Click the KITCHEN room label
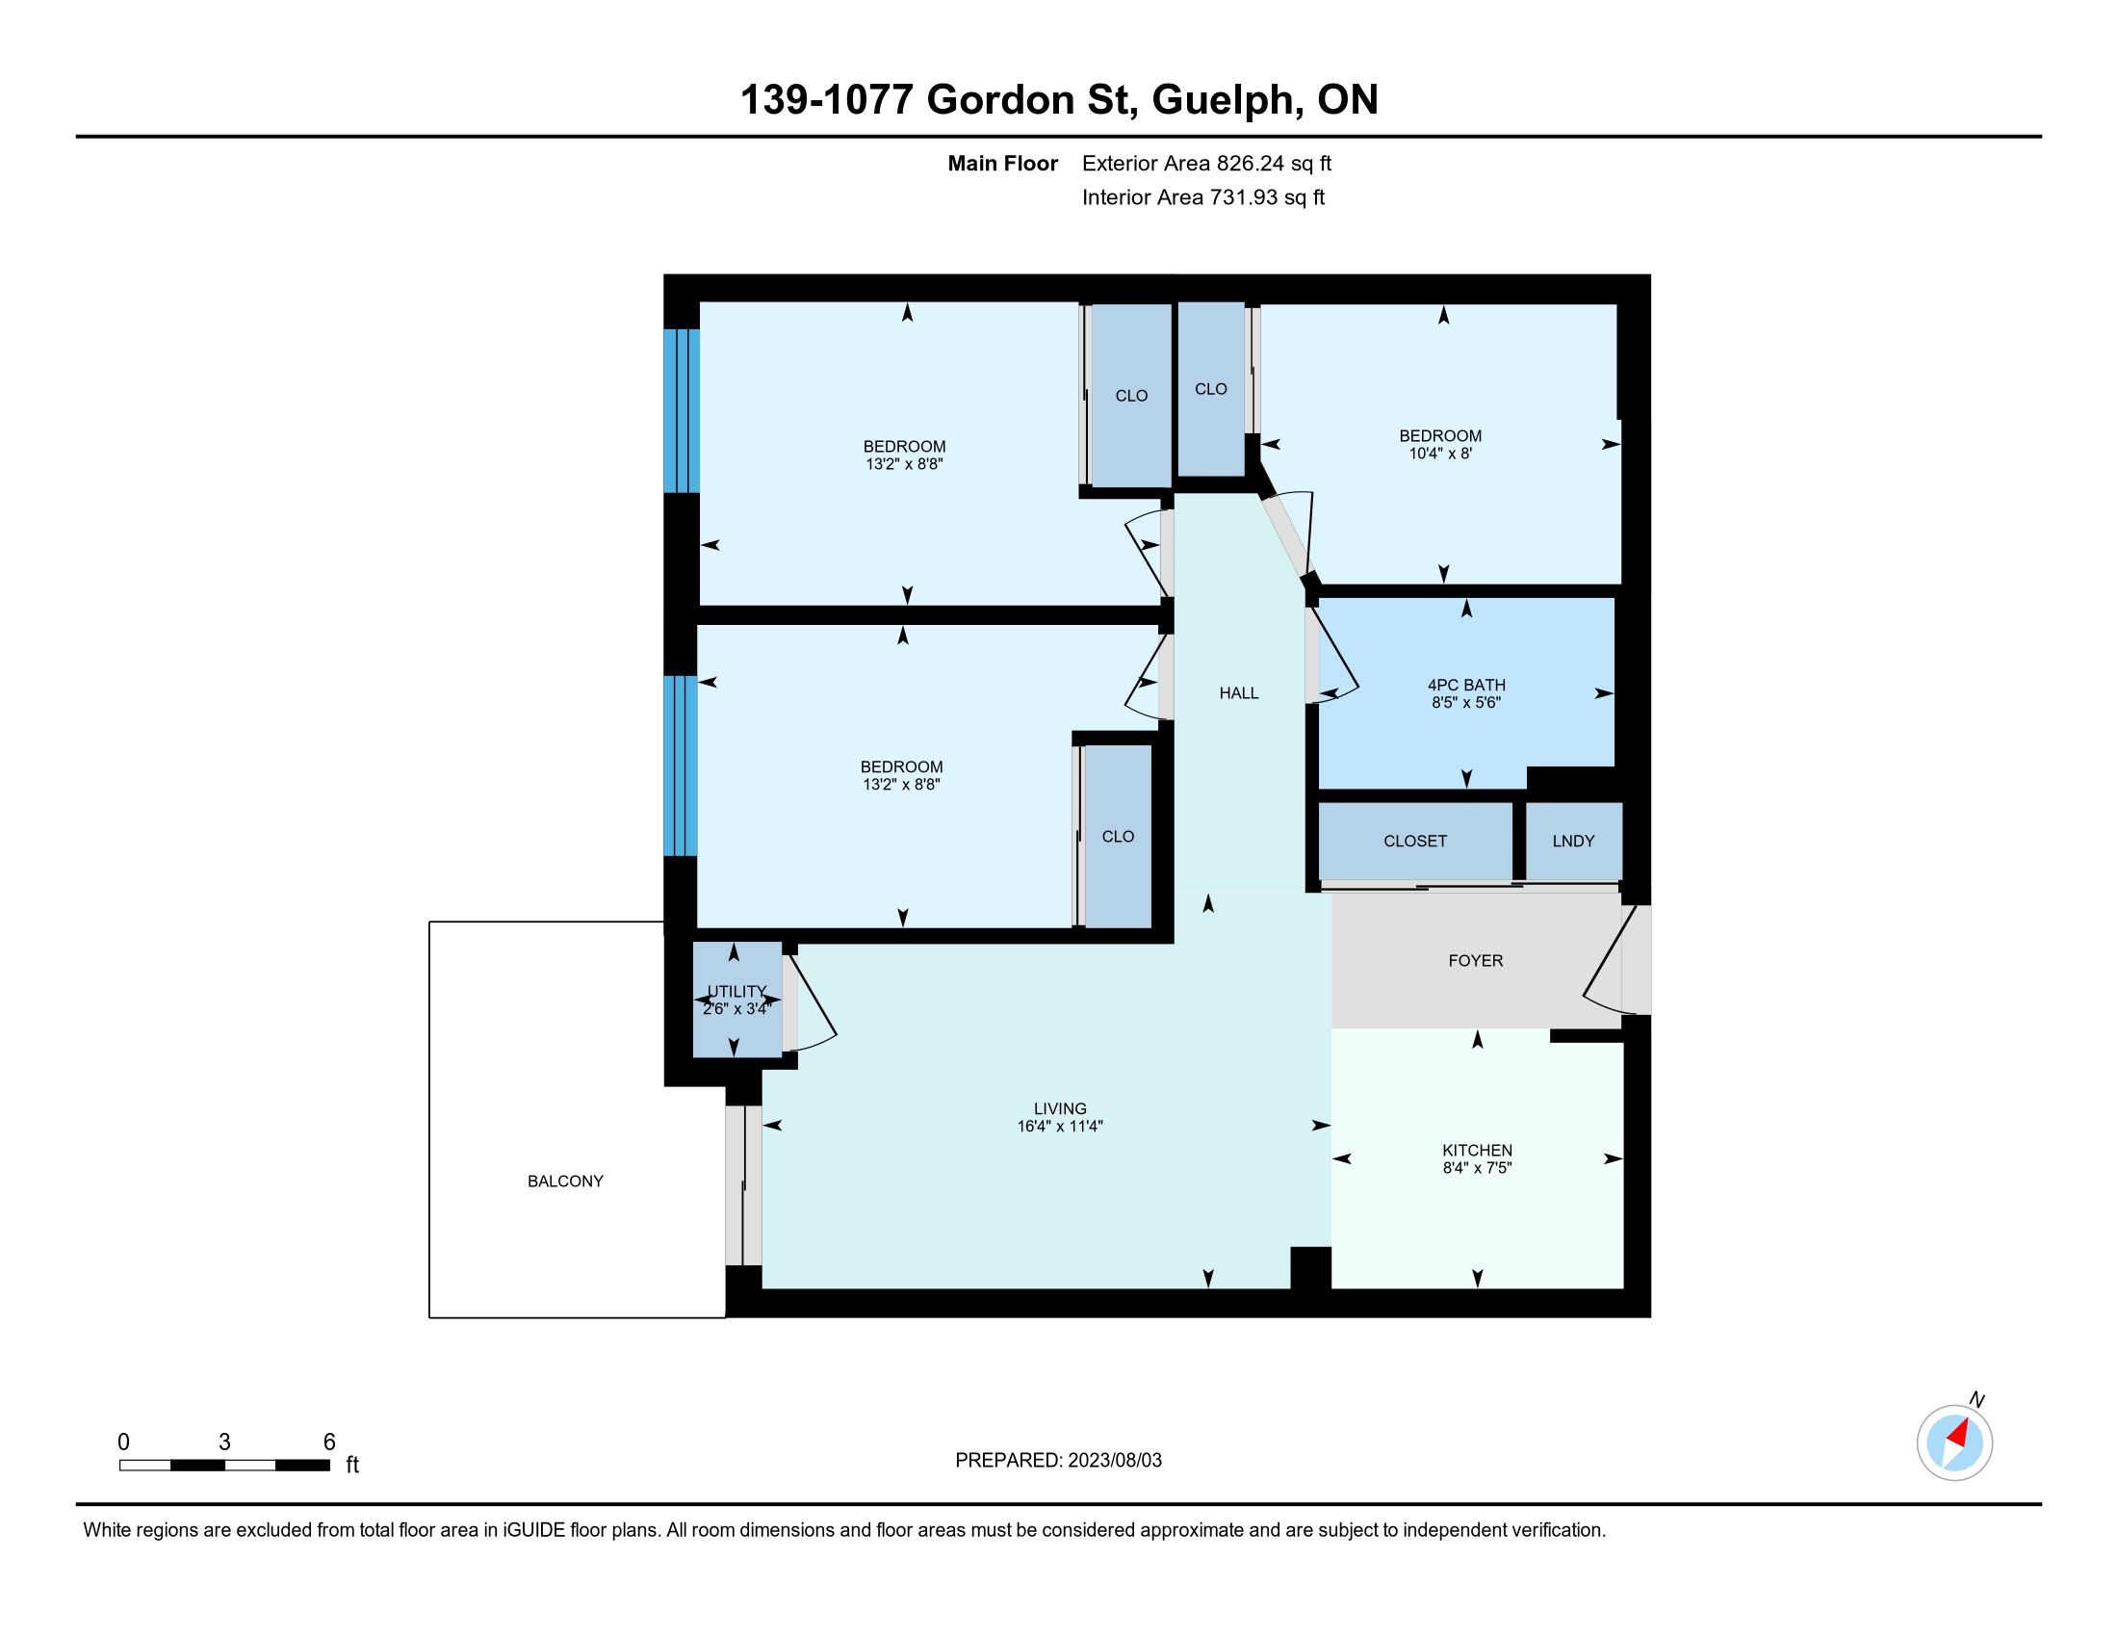click(1476, 1150)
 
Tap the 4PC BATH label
click(1466, 685)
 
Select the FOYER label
click(1475, 960)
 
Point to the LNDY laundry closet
click(1573, 841)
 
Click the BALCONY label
click(565, 1182)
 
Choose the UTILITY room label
click(737, 991)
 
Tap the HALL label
click(1238, 693)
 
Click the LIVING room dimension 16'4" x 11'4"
click(1060, 1126)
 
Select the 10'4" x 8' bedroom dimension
click(1440, 453)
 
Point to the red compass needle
click(1958, 1434)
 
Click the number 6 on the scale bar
click(328, 1442)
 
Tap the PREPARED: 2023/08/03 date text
click(1058, 1461)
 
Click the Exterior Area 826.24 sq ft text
click(1206, 164)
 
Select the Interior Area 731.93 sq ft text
click(1203, 197)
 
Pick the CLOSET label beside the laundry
click(1415, 841)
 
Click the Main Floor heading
click(1002, 164)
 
